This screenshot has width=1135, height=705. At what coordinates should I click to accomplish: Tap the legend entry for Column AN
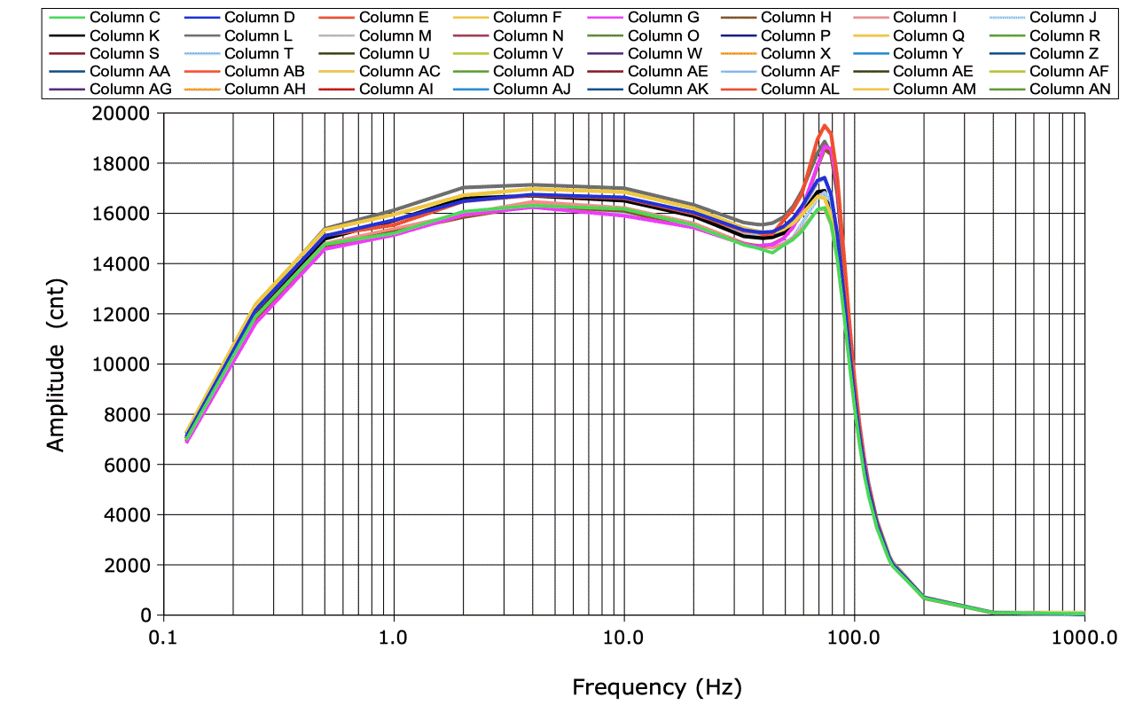coord(1064,89)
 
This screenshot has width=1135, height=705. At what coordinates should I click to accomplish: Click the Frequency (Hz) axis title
coord(656,686)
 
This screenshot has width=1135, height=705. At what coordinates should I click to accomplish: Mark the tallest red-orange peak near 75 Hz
coord(825,126)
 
